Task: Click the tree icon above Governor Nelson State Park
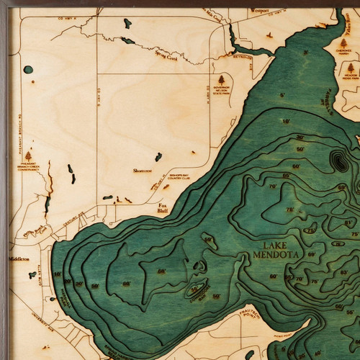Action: [222, 79]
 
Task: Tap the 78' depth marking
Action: [290, 210]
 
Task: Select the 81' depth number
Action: [351, 224]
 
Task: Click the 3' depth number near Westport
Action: [305, 53]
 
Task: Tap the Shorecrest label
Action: [142, 171]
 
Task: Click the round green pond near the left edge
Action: [28, 70]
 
